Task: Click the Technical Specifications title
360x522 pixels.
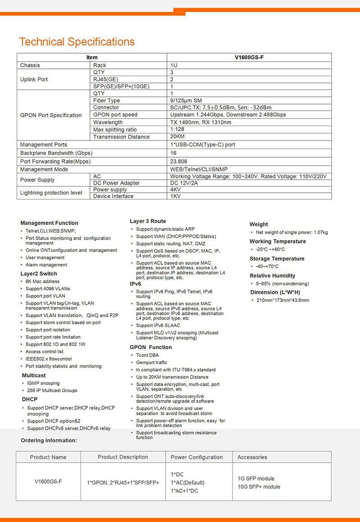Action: (x=76, y=42)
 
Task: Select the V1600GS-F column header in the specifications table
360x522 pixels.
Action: (x=249, y=58)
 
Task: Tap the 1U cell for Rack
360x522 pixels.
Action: (x=174, y=65)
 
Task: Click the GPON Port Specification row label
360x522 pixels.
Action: (x=51, y=115)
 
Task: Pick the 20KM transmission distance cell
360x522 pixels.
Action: (x=177, y=136)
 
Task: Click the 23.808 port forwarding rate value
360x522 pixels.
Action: (x=179, y=161)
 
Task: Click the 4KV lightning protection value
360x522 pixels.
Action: (x=175, y=190)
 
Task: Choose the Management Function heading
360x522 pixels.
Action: (x=49, y=223)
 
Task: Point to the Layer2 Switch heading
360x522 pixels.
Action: (x=39, y=273)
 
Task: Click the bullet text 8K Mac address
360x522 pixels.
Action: (x=42, y=281)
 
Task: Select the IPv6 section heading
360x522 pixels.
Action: (x=136, y=284)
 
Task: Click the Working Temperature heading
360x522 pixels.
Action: (x=277, y=241)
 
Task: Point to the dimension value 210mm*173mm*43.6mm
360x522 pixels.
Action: (x=283, y=300)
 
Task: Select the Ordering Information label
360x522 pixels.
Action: (x=49, y=440)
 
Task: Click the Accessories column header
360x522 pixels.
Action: (x=252, y=457)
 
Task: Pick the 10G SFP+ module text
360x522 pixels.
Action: (x=259, y=487)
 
